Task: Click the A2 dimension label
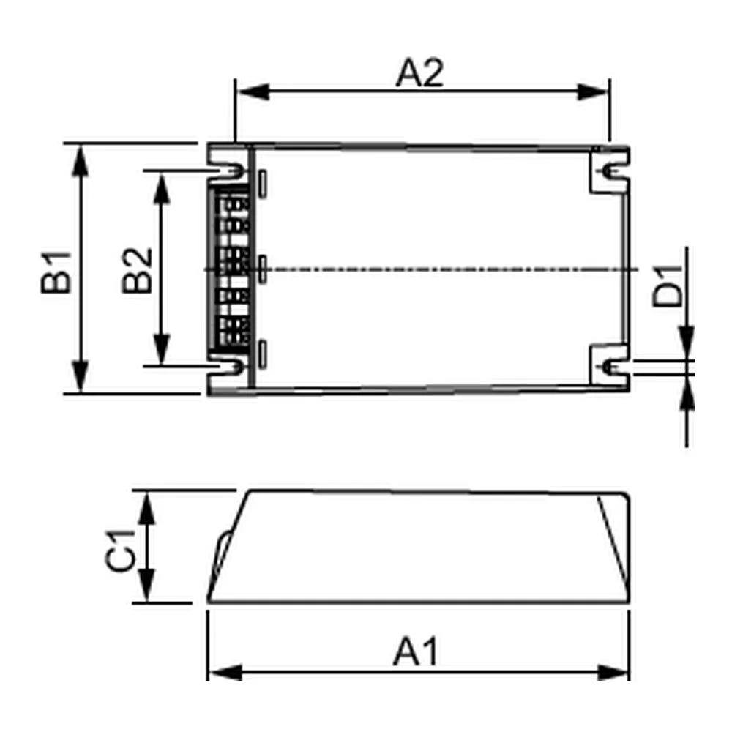[x=419, y=72]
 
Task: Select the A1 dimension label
[x=416, y=651]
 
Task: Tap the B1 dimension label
[x=56, y=272]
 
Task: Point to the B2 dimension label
[x=137, y=270]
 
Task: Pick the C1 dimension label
[x=121, y=551]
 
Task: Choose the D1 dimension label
[x=668, y=285]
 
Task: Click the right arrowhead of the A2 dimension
[x=593, y=92]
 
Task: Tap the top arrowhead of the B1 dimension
[x=81, y=160]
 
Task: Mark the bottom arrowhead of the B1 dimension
[x=81, y=376]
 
